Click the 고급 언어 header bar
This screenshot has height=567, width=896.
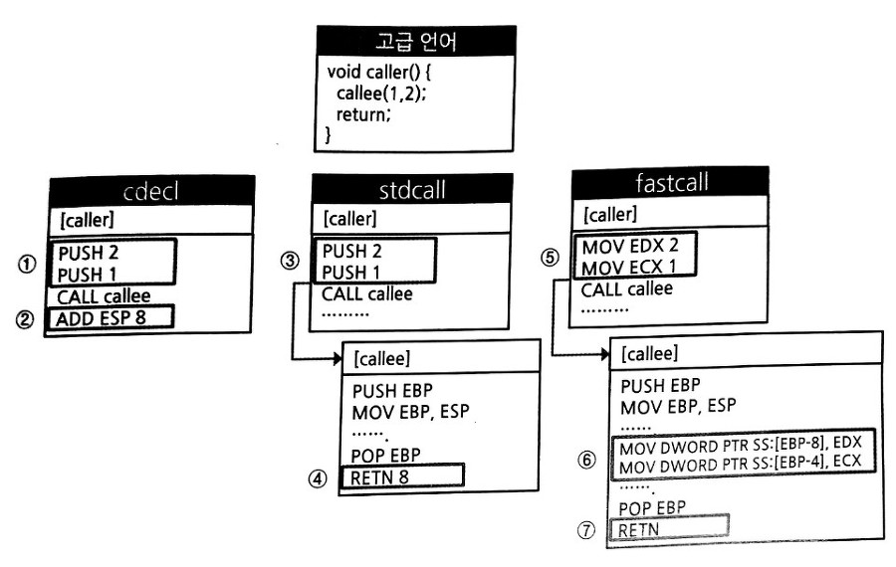(x=415, y=44)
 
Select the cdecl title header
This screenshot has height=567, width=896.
(x=148, y=192)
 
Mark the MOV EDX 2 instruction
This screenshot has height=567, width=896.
(x=631, y=246)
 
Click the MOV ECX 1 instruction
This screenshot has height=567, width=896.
(x=631, y=267)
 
